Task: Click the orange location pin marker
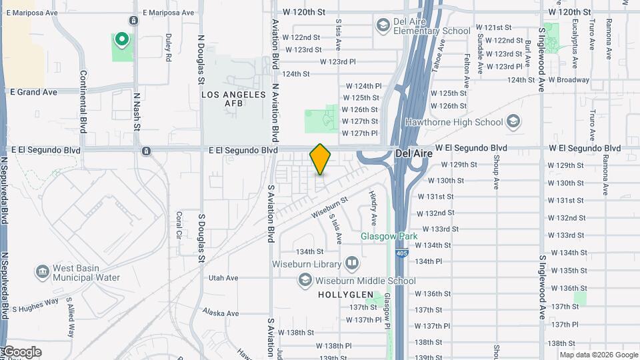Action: point(320,159)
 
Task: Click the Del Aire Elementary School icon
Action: point(383,26)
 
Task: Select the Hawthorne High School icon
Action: point(513,122)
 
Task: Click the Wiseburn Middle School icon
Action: point(305,281)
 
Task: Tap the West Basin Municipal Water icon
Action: point(43,272)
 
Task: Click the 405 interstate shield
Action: point(398,253)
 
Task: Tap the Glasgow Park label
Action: point(389,236)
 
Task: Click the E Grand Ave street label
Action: point(33,92)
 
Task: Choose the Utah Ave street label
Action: point(223,278)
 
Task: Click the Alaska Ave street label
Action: point(220,313)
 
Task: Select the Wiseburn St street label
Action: point(329,206)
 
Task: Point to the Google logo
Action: point(21,352)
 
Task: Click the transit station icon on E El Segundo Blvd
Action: point(146,151)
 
